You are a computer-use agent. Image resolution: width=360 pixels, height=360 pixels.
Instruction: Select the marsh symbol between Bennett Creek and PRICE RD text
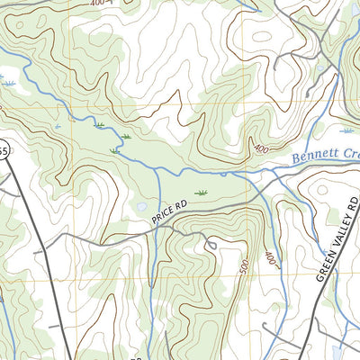click(x=202, y=193)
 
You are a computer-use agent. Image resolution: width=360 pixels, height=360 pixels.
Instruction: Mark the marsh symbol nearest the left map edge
click(x=10, y=83)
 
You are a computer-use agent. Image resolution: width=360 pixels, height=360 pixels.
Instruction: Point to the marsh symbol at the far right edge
click(x=347, y=130)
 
